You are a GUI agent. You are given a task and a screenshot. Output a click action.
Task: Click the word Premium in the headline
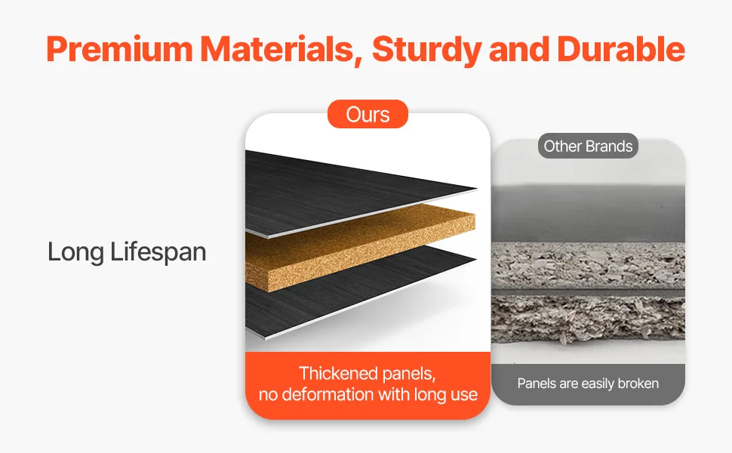coord(119,48)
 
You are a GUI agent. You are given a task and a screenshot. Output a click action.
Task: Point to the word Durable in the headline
coord(621,48)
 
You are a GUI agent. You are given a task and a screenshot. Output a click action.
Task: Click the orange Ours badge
coord(368,114)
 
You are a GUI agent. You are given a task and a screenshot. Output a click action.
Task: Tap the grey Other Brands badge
coord(588,146)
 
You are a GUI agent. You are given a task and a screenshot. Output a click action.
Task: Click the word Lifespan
coord(158,253)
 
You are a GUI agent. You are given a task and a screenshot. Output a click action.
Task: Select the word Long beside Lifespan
coord(75,254)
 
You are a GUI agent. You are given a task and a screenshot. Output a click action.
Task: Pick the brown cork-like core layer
coord(359,248)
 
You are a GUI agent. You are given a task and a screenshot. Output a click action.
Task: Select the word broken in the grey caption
coord(638,384)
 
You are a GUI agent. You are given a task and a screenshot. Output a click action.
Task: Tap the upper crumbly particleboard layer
coord(588,265)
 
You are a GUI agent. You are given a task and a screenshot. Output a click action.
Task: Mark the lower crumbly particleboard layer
coord(588,320)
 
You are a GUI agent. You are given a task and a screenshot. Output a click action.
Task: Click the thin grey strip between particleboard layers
coord(588,292)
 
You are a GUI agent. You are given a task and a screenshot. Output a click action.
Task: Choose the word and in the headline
coord(519,49)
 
